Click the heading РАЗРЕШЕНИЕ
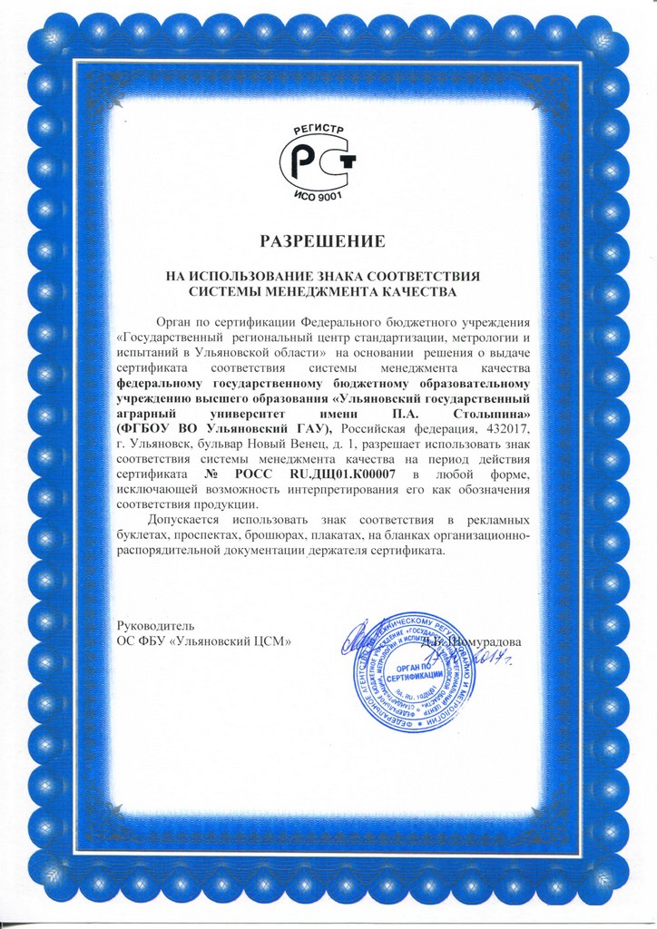point(322,241)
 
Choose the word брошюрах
point(311,536)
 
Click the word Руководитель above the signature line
point(156,626)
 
